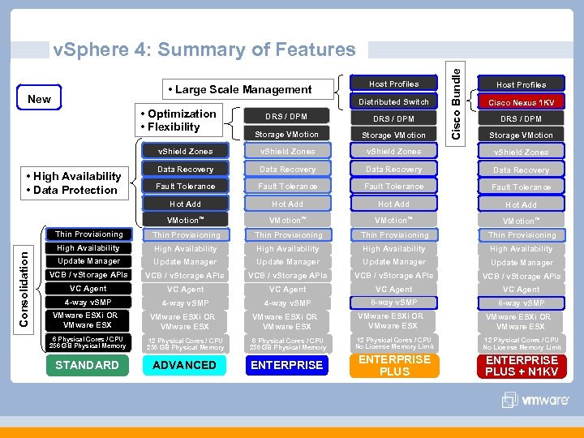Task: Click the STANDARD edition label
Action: pos(87,365)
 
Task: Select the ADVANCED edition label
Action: pos(185,365)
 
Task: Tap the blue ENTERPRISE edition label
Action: pos(287,365)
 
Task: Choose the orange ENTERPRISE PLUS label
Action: pos(394,365)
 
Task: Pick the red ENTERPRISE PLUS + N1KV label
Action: pos(522,366)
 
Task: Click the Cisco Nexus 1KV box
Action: pos(521,103)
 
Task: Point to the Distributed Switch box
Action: pos(394,101)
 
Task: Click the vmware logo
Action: pos(535,400)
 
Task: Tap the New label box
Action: pos(39,99)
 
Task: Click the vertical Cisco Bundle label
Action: pos(457,102)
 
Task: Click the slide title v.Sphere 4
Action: pos(204,49)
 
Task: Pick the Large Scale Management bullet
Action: pos(239,89)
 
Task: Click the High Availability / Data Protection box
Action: pos(72,183)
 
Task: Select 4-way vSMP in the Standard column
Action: pos(88,303)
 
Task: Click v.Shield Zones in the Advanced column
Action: pos(185,152)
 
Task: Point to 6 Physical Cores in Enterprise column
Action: pos(287,344)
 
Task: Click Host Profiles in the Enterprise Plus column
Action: pos(394,84)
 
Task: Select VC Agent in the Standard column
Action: pos(88,289)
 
